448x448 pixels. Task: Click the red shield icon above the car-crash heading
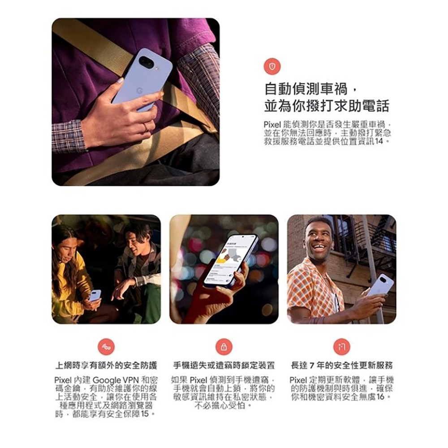pyautogui.click(x=272, y=67)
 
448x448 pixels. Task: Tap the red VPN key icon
pyautogui.click(x=106, y=347)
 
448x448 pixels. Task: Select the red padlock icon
pyautogui.click(x=224, y=347)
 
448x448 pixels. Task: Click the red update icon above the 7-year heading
pyautogui.click(x=342, y=347)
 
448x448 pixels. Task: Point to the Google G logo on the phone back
pyautogui.click(x=139, y=91)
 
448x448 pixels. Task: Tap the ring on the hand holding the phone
pyautogui.click(x=145, y=127)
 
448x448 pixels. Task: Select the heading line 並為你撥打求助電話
pyautogui.click(x=327, y=106)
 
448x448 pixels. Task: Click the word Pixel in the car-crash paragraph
pyautogui.click(x=272, y=125)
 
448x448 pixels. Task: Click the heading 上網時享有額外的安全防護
pyautogui.click(x=106, y=366)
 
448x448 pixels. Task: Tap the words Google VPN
pyautogui.click(x=116, y=380)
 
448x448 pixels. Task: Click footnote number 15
pyautogui.click(x=145, y=414)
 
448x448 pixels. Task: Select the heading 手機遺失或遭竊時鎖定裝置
pyautogui.click(x=224, y=366)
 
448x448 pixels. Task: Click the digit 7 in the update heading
pyautogui.click(x=312, y=366)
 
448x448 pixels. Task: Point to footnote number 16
pyautogui.click(x=380, y=397)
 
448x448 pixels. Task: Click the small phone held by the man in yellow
pyautogui.click(x=95, y=296)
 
